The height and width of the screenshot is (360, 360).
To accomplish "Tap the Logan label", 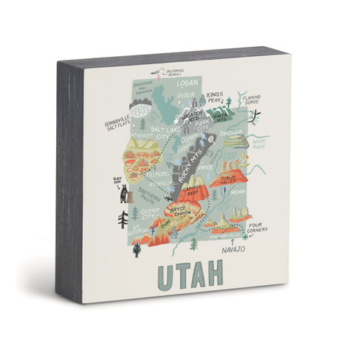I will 186,84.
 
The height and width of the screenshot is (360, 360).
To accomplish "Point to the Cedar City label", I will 150,214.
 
